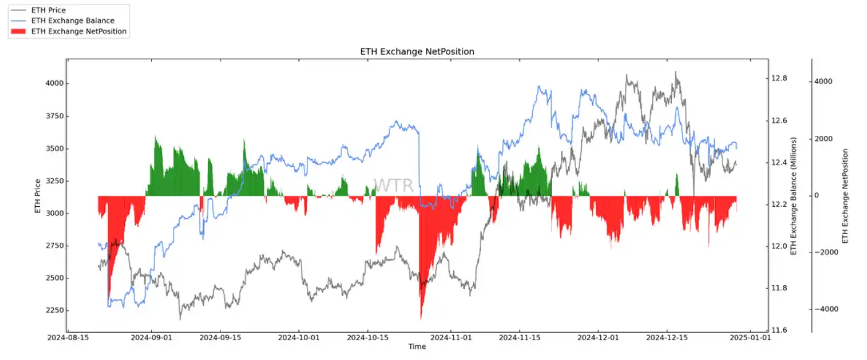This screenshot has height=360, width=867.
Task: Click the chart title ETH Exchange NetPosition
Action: tap(417, 52)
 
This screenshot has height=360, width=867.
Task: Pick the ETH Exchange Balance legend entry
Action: tap(72, 21)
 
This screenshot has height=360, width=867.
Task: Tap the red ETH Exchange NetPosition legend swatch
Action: tap(19, 31)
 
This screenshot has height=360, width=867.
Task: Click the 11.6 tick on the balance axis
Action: tap(779, 330)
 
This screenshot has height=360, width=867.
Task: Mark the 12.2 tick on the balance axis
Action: tap(779, 204)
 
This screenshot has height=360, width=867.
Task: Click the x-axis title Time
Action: tap(417, 347)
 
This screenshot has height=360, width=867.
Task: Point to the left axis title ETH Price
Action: tap(38, 196)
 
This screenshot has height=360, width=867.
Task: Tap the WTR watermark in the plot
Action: tap(393, 185)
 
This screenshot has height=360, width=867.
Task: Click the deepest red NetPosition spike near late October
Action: tap(421, 317)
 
